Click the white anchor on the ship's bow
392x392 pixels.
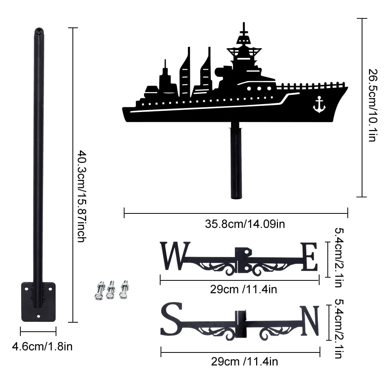coord(319,105)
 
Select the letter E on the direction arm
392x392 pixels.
coord(309,257)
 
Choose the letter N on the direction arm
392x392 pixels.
coord(310,320)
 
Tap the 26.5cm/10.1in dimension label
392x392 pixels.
coord(373,105)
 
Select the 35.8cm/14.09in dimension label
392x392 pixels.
coord(245,224)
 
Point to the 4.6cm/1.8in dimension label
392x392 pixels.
coord(42,347)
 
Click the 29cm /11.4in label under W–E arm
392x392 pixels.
coord(244,289)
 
